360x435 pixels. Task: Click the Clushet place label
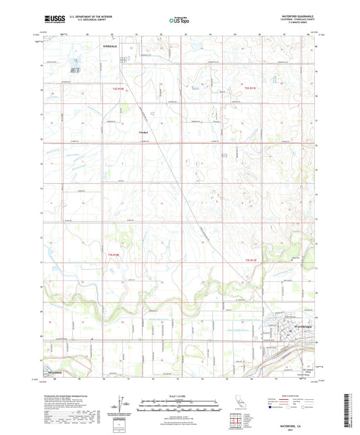(143, 132)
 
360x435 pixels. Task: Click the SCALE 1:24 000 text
(180, 394)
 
